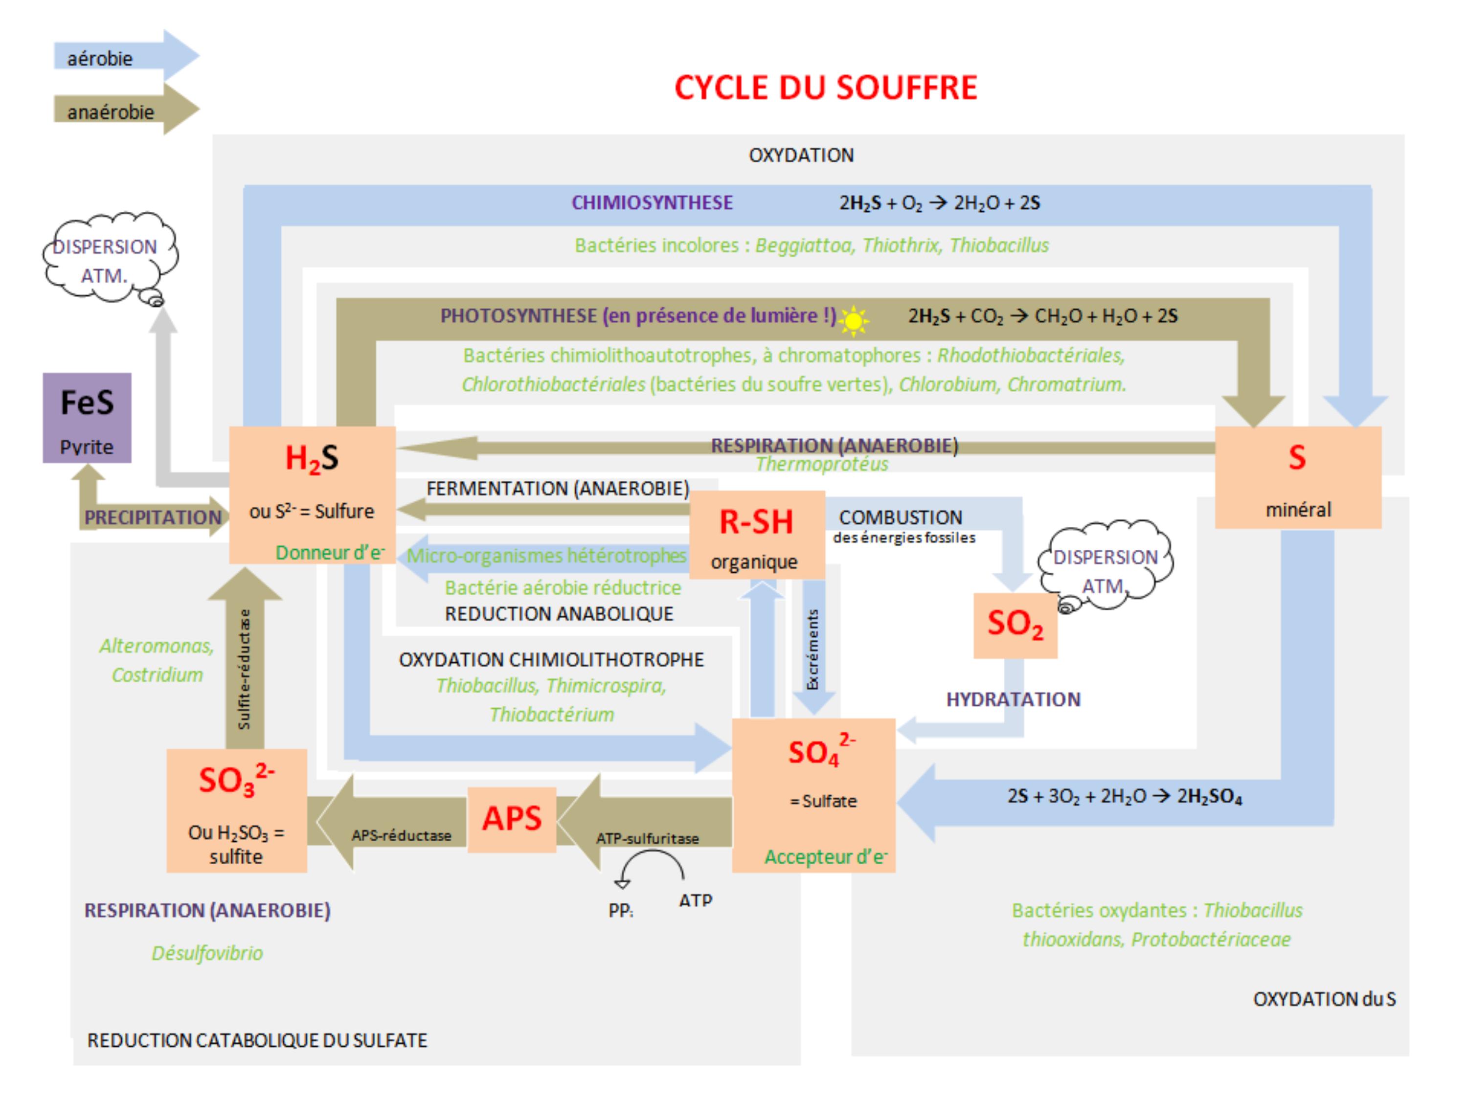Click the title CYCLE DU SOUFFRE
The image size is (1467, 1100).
click(826, 88)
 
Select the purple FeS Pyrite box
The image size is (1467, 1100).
click(87, 418)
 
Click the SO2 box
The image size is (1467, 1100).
click(1015, 625)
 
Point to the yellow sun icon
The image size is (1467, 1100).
click(854, 321)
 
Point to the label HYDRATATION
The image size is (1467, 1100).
click(1013, 699)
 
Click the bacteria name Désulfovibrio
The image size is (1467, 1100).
click(207, 953)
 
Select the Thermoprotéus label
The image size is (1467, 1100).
click(822, 464)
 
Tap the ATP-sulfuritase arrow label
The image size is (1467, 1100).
click(647, 839)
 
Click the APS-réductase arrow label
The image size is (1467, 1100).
click(401, 835)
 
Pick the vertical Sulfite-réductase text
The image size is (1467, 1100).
click(244, 670)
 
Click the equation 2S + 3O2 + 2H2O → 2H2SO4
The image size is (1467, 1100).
click(1124, 796)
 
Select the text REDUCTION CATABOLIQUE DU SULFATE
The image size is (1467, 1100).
click(257, 1040)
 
